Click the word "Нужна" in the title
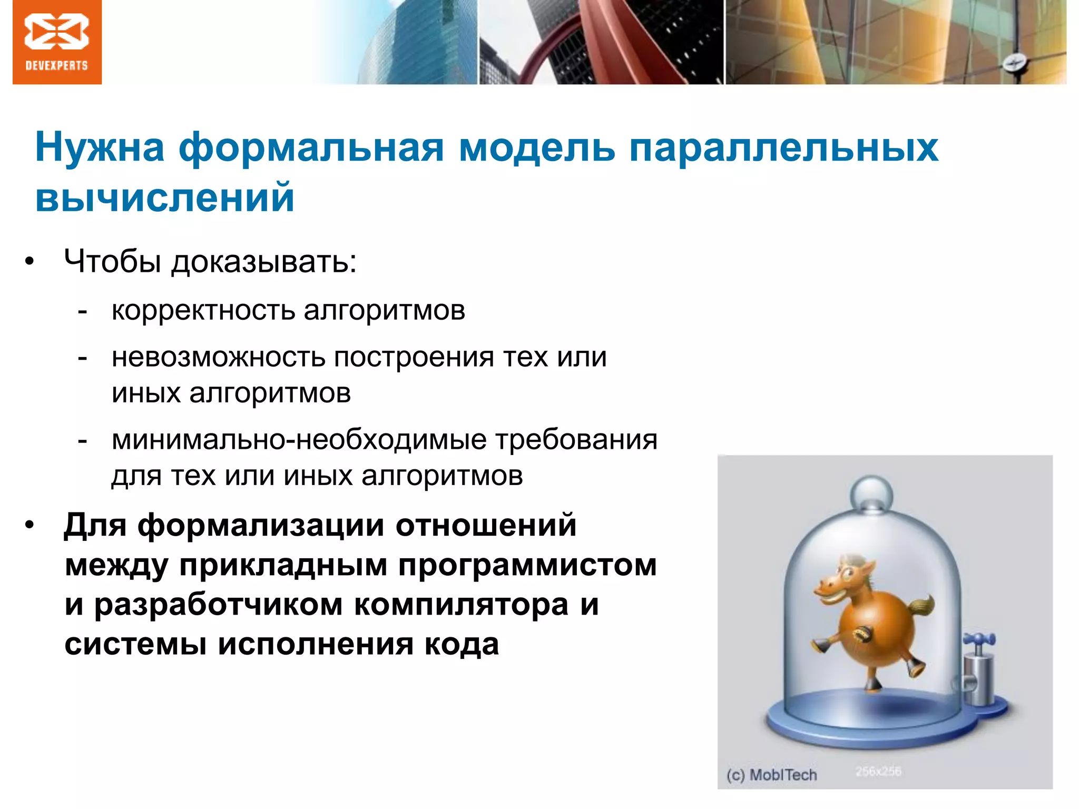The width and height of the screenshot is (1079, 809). (100, 147)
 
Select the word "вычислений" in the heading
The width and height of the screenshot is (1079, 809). (164, 198)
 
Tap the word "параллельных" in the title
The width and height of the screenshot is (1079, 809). (783, 147)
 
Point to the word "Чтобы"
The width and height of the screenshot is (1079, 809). (112, 261)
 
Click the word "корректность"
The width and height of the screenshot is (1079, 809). (203, 311)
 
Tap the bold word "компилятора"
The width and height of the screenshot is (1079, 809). (462, 605)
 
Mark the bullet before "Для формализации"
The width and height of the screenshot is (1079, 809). (30, 525)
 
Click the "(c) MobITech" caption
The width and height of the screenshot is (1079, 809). (771, 775)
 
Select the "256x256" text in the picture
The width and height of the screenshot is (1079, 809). (878, 772)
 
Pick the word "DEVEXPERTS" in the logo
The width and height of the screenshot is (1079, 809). (57, 66)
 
